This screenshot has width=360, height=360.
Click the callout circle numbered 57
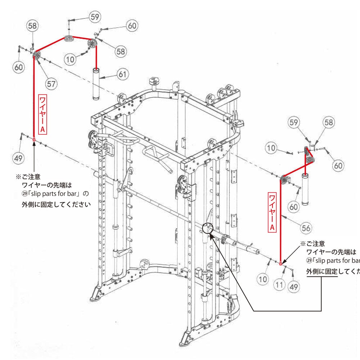pos(51,84)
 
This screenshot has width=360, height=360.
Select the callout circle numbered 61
pos(123,74)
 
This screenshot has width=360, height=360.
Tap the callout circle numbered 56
pos(306,228)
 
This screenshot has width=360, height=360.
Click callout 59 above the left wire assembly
pos(95,17)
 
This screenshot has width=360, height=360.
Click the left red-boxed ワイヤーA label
pos(42,114)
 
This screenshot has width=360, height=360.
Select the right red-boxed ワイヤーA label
pos(273,212)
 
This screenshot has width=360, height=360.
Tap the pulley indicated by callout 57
pos(37,56)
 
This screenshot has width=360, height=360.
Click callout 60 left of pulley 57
pos(19,67)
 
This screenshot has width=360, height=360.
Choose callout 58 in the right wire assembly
pos(328,122)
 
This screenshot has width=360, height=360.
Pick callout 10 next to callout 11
pos(263,279)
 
